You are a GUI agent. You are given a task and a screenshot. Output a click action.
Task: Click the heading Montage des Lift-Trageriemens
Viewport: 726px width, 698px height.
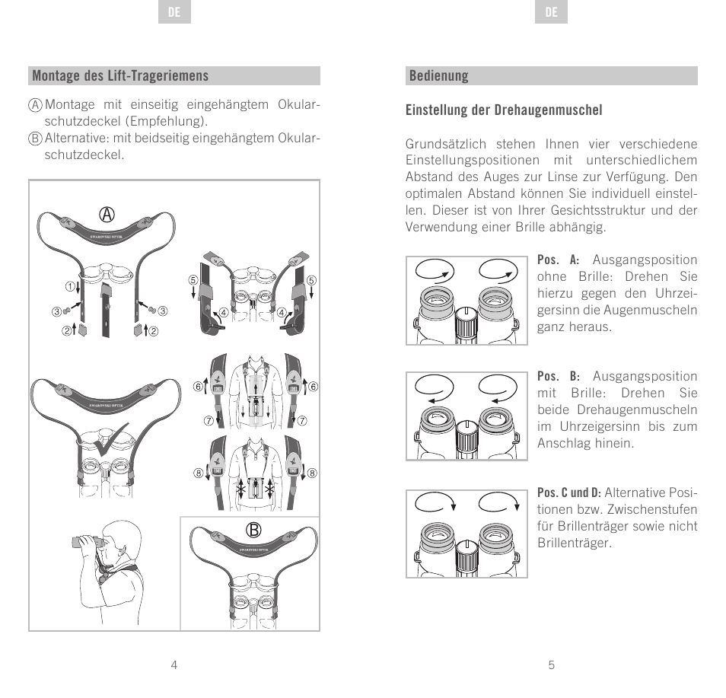pyautogui.click(x=120, y=75)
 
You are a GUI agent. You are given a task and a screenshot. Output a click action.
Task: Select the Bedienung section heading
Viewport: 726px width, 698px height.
pyautogui.click(x=438, y=75)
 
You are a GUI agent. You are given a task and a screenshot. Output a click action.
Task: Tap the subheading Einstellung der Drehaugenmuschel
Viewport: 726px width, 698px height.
pyautogui.click(x=504, y=110)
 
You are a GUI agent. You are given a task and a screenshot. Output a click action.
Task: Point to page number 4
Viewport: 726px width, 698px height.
pyautogui.click(x=174, y=665)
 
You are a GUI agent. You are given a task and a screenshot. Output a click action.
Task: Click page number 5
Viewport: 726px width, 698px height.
pyautogui.click(x=552, y=665)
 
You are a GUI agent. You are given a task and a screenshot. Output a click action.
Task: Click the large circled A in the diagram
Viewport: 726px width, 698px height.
pyautogui.click(x=107, y=215)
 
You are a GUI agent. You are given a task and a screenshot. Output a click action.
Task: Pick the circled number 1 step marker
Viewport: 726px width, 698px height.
pyautogui.click(x=69, y=287)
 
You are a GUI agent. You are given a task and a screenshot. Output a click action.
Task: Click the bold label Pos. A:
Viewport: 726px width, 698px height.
pyautogui.click(x=558, y=260)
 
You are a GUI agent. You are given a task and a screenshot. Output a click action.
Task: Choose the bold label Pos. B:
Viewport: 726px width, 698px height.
pyautogui.click(x=558, y=377)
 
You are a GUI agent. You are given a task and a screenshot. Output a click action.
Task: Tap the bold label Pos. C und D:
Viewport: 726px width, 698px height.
pyautogui.click(x=569, y=492)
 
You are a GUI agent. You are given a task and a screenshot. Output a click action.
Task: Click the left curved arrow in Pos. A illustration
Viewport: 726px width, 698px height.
pyautogui.click(x=432, y=270)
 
